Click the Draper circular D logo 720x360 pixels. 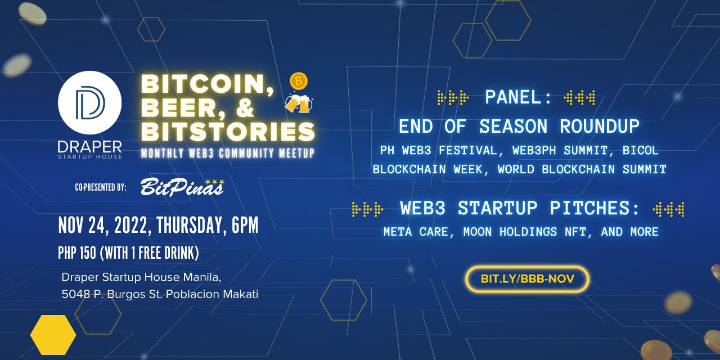click(89, 102)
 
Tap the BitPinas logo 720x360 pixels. click(182, 187)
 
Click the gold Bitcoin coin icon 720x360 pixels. click(299, 82)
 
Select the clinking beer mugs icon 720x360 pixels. click(299, 103)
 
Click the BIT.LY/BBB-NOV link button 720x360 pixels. click(527, 278)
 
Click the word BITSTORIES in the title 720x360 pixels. click(228, 131)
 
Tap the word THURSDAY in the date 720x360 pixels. click(190, 225)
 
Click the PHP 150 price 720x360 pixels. click(77, 253)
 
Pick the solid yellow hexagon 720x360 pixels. click(53, 335)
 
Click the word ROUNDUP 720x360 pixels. click(600, 126)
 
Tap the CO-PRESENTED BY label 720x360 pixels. click(100, 187)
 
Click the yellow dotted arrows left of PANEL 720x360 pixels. click(453, 97)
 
